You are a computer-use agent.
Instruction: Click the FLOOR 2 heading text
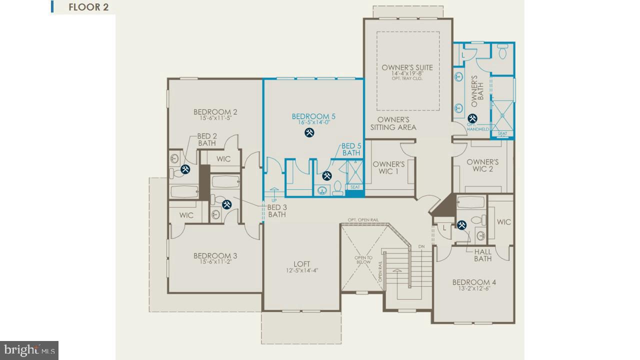coord(88,7)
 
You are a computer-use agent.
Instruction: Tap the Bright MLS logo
coord(29,349)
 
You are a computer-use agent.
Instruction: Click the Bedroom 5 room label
coord(313,116)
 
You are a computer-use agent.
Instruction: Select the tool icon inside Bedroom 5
coord(309,132)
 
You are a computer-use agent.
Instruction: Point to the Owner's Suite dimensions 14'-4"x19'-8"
coord(407,73)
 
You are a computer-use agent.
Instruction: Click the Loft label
coord(301,263)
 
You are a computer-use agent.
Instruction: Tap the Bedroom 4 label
coord(474,282)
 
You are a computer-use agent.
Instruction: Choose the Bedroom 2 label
coord(215,112)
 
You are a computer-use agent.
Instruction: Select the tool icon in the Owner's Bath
coord(472,118)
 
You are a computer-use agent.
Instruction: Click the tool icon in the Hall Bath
coord(461,225)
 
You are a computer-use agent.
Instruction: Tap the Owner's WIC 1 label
coord(388,168)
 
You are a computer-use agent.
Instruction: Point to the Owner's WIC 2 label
coord(482,165)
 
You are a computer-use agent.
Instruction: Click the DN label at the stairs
coord(421,246)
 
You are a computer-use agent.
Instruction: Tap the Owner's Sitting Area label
coord(393,123)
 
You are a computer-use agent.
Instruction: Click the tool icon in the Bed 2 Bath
coord(185,169)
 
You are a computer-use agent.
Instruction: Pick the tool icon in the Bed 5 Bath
coord(326,175)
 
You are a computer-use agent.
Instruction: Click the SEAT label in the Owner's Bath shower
coord(502,133)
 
